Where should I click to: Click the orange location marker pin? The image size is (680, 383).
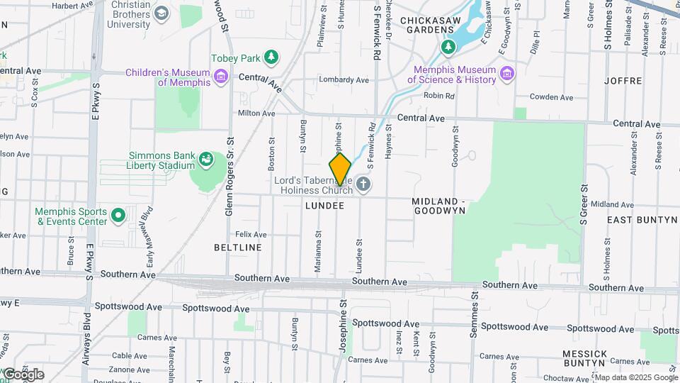340,169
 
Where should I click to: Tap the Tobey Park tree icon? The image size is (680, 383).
271,57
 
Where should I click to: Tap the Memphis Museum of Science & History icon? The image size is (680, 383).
506,74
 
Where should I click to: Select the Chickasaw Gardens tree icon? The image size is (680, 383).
448,47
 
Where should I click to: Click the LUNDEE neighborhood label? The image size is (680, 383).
324,206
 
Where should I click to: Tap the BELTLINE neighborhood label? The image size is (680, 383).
238,248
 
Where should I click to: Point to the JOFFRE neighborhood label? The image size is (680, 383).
623,80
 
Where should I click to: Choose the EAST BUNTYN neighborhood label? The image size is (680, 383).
642,220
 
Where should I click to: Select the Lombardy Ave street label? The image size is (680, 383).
344,80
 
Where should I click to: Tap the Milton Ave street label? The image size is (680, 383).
256,113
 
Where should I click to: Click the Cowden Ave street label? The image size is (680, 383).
551,96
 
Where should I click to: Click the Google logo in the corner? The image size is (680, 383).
23,374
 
